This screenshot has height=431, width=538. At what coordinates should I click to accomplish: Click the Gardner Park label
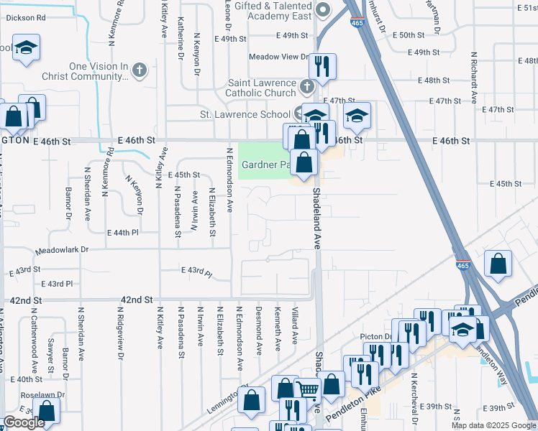[265, 164]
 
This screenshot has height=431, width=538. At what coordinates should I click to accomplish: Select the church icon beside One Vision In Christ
[140, 70]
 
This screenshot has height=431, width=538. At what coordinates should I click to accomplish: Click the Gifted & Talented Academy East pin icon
[323, 9]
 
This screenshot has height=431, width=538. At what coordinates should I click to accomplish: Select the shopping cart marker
[309, 390]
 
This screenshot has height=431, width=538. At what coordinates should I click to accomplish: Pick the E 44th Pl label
[122, 233]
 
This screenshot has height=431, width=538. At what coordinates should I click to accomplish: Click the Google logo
[24, 422]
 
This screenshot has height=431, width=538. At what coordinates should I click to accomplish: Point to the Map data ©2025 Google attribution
[493, 425]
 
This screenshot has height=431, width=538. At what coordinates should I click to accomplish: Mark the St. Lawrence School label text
[245, 114]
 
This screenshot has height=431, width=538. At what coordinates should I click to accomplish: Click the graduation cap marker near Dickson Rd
[27, 50]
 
